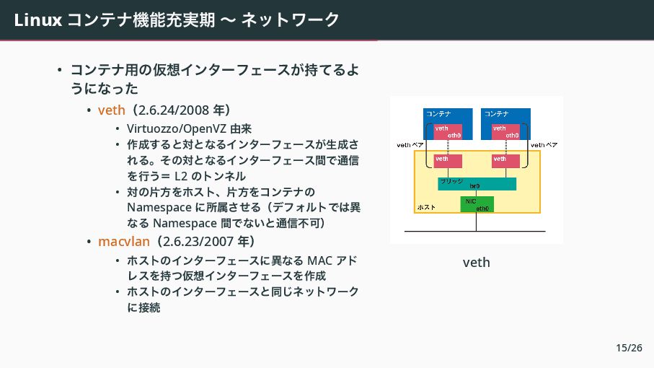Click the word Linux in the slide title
click(37, 20)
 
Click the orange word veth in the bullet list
click(111, 110)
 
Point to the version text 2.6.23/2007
click(196, 240)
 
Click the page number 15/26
click(629, 348)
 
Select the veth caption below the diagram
click(476, 262)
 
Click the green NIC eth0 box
click(477, 204)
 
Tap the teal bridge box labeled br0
click(477, 184)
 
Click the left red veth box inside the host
click(448, 160)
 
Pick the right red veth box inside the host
click(505, 160)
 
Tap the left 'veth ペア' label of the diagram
click(410, 145)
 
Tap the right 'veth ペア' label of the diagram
click(544, 145)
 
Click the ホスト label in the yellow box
click(427, 207)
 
